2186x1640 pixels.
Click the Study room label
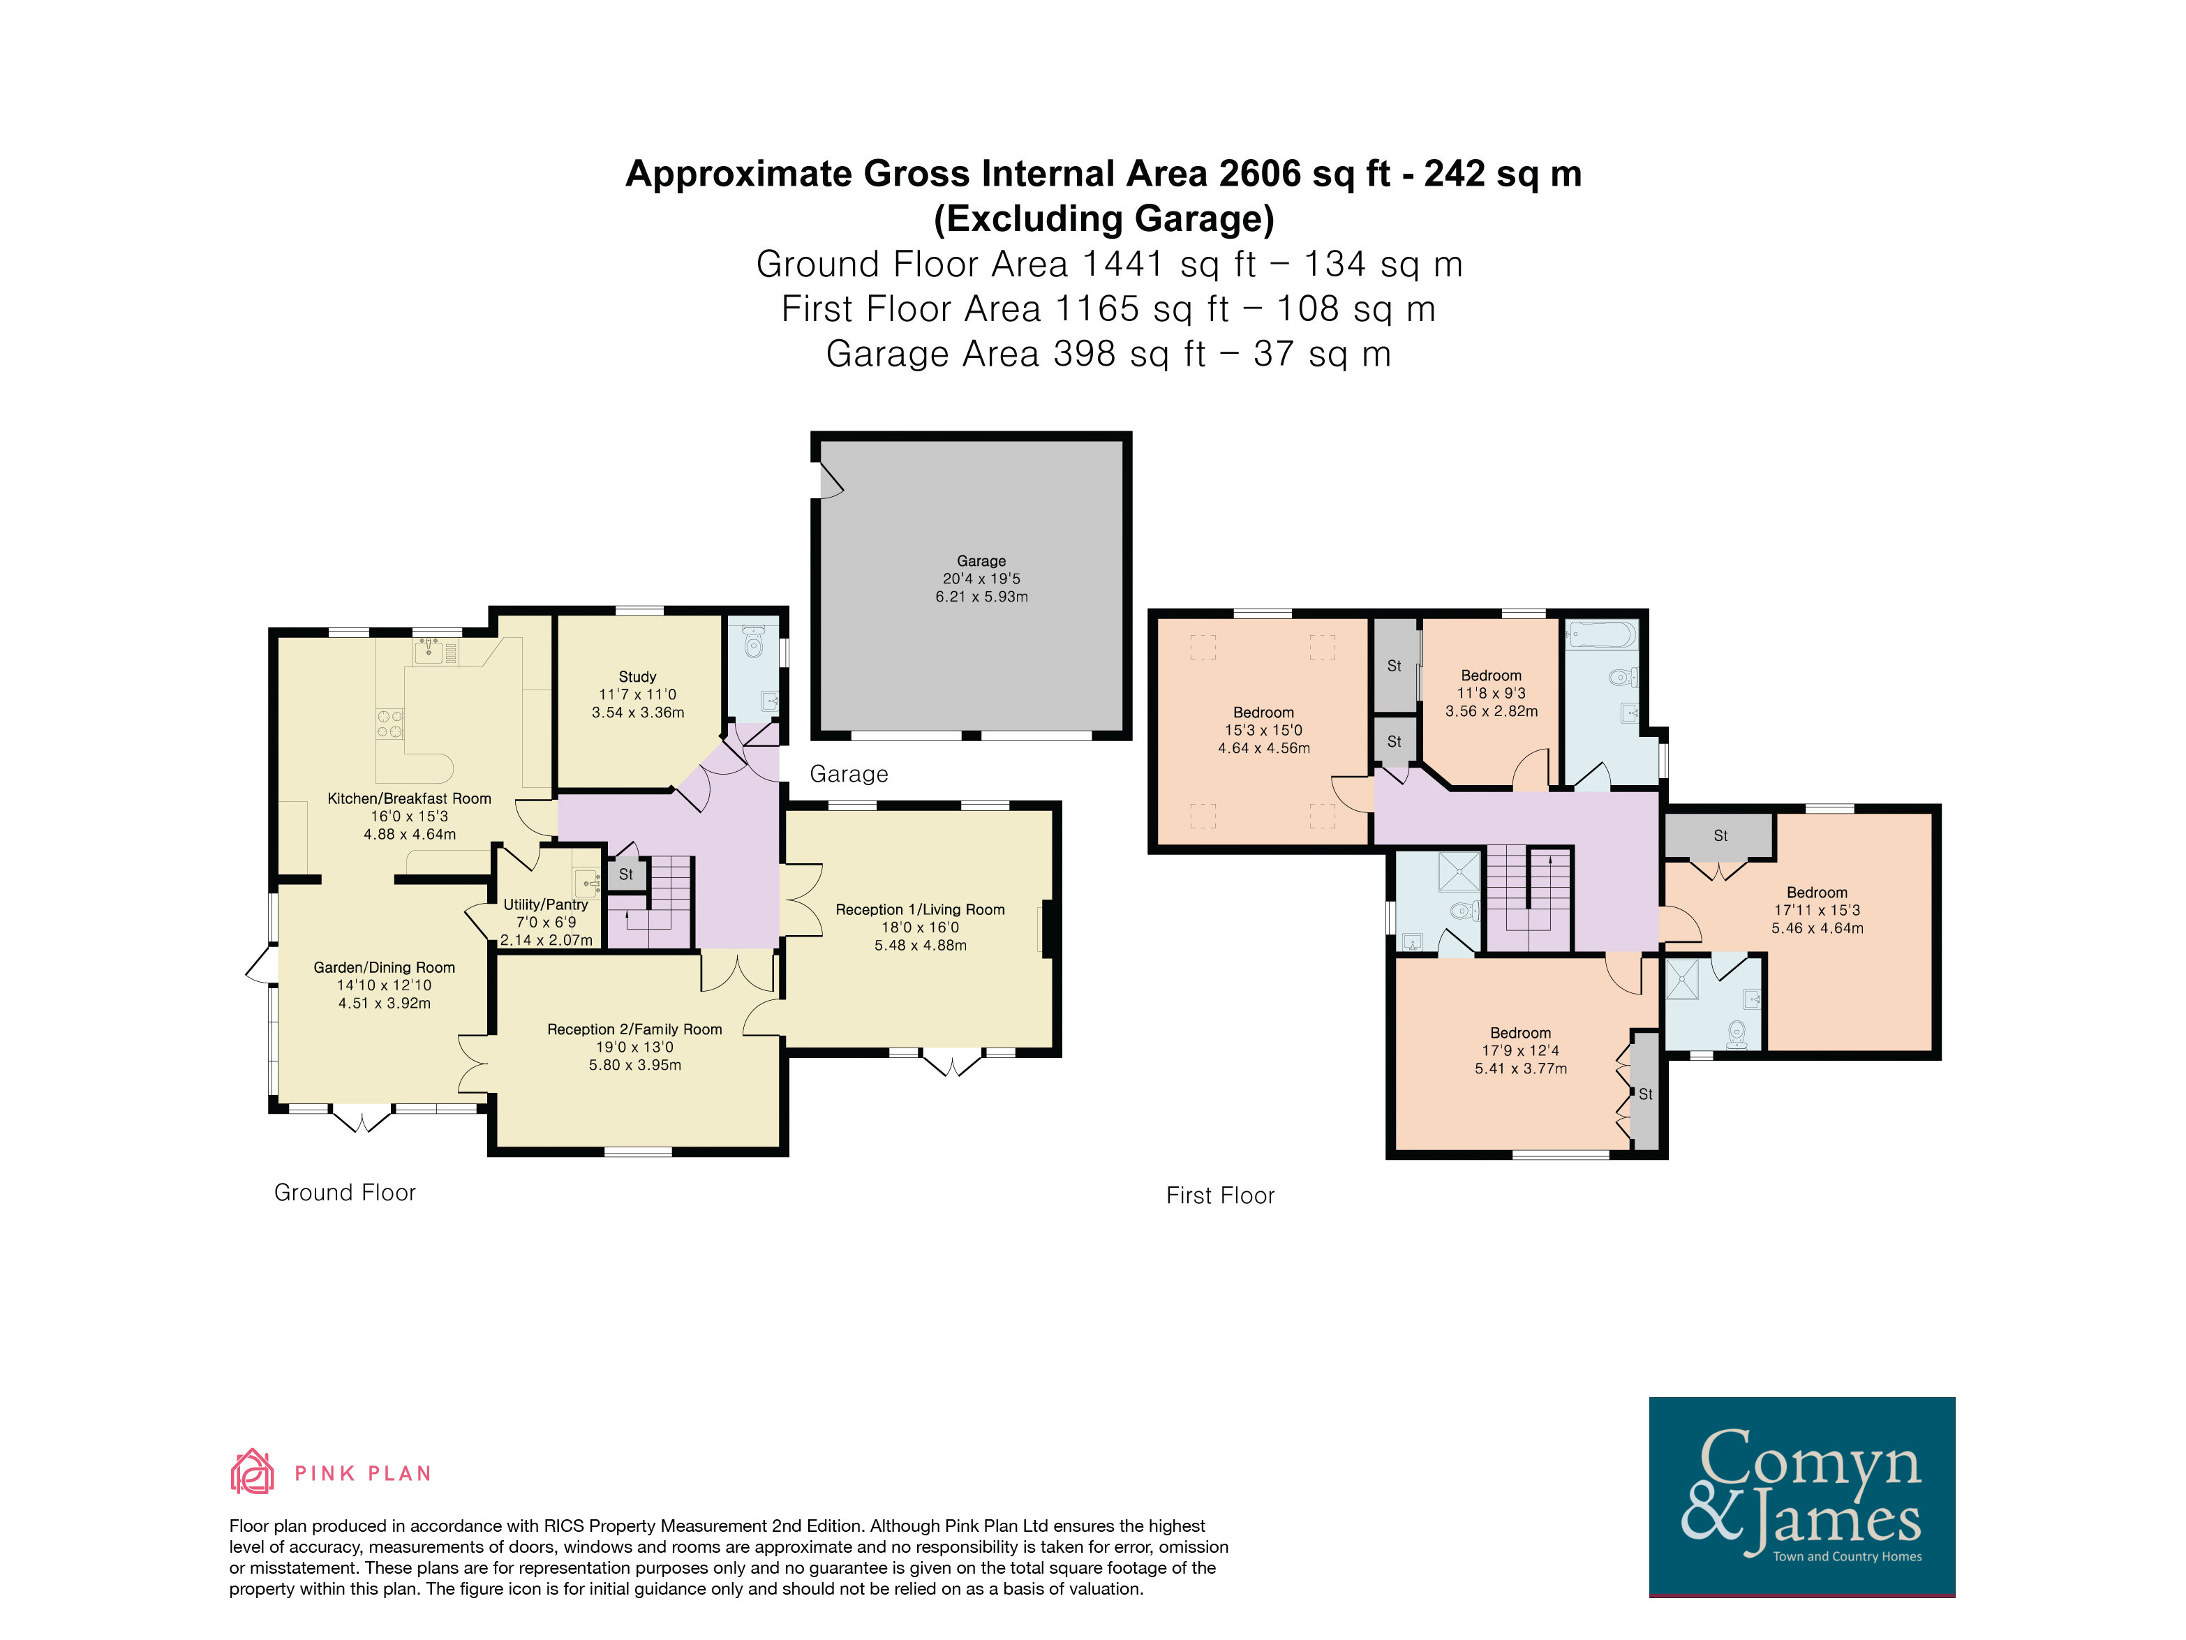[x=637, y=677]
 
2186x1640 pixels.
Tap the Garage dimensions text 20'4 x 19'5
[x=981, y=579]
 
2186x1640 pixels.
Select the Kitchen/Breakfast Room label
[x=409, y=798]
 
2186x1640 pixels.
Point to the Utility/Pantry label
[x=546, y=904]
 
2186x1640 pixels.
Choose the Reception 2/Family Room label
[x=634, y=1029]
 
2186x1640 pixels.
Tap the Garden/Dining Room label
[x=385, y=968]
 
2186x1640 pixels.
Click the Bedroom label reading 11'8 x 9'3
[x=1492, y=676]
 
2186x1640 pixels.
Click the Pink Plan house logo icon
[x=252, y=1471]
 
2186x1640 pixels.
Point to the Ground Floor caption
[x=345, y=1193]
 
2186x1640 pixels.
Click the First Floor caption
[x=1221, y=1195]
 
